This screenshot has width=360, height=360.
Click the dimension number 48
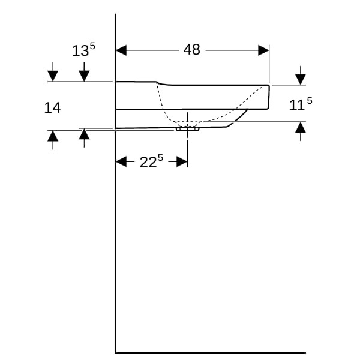[x=192, y=50]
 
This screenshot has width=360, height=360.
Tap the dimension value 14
[x=52, y=107]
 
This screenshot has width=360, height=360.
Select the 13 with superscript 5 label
[x=83, y=50]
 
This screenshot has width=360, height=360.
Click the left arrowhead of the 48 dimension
[x=121, y=50]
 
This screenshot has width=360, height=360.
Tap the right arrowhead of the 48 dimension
[x=263, y=50]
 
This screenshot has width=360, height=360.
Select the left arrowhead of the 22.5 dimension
[x=121, y=161]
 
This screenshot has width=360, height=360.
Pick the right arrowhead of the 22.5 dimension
[x=182, y=161]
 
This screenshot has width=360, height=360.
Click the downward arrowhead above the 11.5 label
[x=301, y=79]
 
